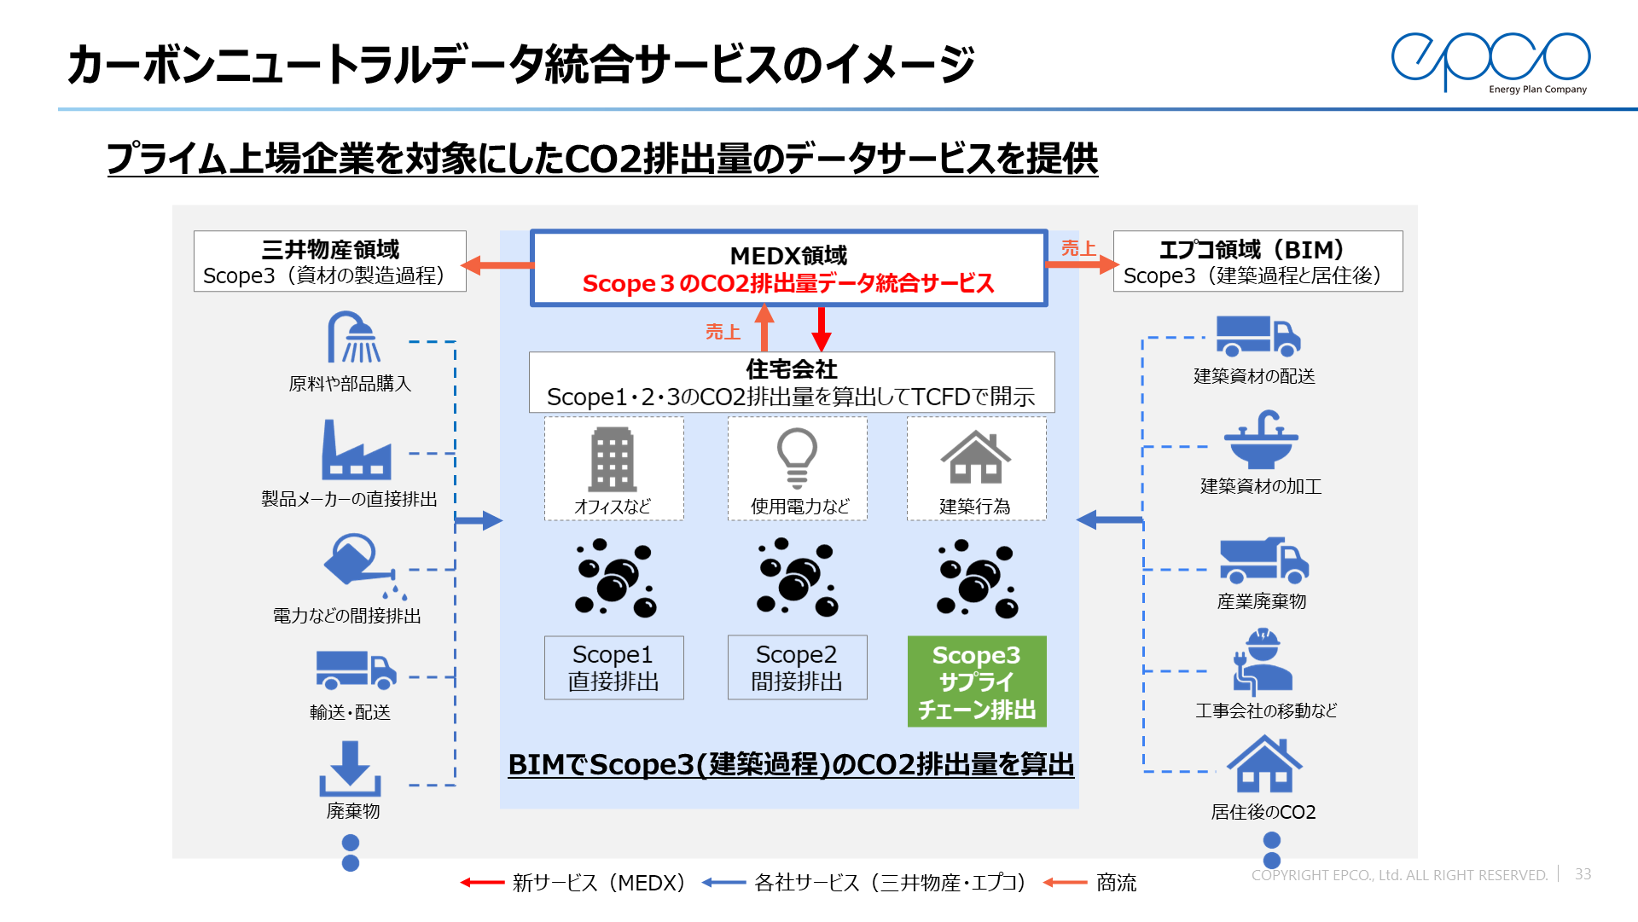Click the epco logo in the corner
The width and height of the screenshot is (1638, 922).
pyautogui.click(x=1491, y=61)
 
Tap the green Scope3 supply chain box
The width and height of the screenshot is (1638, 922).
pyautogui.click(x=977, y=681)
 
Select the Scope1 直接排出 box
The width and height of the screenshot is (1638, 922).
pyautogui.click(x=613, y=668)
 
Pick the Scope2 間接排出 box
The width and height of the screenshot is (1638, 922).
pyautogui.click(x=797, y=668)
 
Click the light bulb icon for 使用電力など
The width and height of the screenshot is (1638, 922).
pyautogui.click(x=797, y=457)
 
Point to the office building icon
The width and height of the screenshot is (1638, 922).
pyautogui.click(x=613, y=459)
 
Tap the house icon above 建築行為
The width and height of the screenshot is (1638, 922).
pyautogui.click(x=975, y=458)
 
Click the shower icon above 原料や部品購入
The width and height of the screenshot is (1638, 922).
pyautogui.click(x=354, y=338)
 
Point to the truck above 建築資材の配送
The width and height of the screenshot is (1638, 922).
pyautogui.click(x=1258, y=336)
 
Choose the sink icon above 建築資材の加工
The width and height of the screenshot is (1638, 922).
pyautogui.click(x=1261, y=440)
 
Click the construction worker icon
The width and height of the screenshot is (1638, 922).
pyautogui.click(x=1262, y=662)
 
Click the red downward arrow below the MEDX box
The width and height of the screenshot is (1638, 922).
pyautogui.click(x=822, y=329)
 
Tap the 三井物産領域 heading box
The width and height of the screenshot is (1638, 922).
pyautogui.click(x=329, y=261)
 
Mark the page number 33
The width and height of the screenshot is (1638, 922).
pyautogui.click(x=1583, y=874)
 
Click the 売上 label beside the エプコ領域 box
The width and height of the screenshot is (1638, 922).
pyautogui.click(x=1078, y=248)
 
